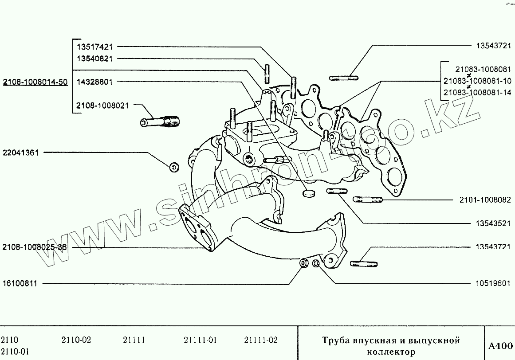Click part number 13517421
point(94,46)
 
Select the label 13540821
point(94,58)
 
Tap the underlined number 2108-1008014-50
point(35,82)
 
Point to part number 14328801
point(94,82)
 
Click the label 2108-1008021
point(102,106)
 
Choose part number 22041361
point(21,153)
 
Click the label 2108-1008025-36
point(35,247)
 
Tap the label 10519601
point(493,283)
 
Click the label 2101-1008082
point(485,200)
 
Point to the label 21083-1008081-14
point(477,93)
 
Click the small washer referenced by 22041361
point(174,167)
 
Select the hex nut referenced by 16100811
point(304,264)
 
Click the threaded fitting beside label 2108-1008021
point(158,121)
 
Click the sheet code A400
point(500,346)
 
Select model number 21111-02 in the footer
point(261,340)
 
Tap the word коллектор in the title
point(391,352)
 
